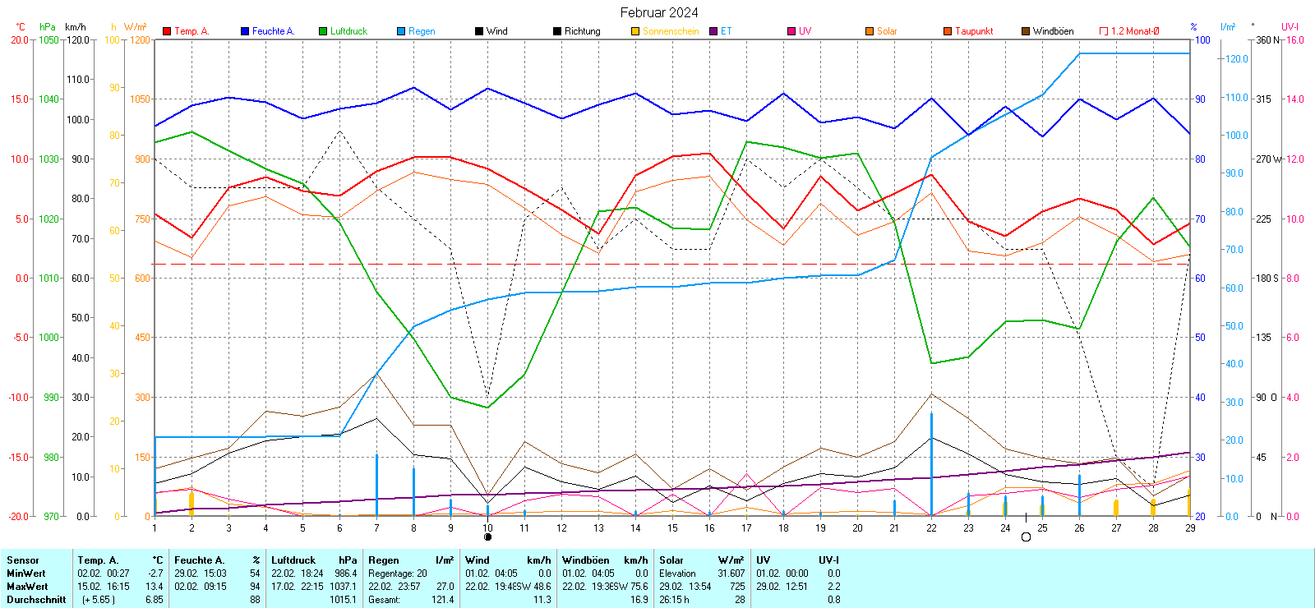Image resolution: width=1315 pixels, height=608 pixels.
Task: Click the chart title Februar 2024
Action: click(x=659, y=12)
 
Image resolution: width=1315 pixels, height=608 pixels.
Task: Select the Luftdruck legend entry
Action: click(x=348, y=31)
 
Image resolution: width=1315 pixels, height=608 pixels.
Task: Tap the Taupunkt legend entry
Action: click(x=974, y=31)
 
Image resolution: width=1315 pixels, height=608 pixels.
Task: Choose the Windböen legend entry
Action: click(x=1053, y=31)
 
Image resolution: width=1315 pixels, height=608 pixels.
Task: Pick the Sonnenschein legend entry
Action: click(x=671, y=31)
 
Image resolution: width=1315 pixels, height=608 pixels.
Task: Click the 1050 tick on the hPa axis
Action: click(x=49, y=39)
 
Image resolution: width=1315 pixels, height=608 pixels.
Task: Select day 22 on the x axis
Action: click(x=931, y=527)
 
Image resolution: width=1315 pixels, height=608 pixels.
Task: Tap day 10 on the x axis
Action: click(x=487, y=527)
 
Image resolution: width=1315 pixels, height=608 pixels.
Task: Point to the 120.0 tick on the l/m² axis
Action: click(x=1237, y=59)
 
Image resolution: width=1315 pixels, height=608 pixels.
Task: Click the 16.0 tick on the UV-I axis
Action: click(x=1295, y=39)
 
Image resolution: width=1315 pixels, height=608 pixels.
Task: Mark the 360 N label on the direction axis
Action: click(x=1269, y=39)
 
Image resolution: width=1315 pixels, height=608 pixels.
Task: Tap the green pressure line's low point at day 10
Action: click(x=487, y=408)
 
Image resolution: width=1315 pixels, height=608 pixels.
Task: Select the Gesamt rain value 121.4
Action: click(x=442, y=600)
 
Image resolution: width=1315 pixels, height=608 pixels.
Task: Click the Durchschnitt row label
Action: click(x=36, y=600)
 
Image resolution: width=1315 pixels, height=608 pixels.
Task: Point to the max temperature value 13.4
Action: click(x=155, y=587)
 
